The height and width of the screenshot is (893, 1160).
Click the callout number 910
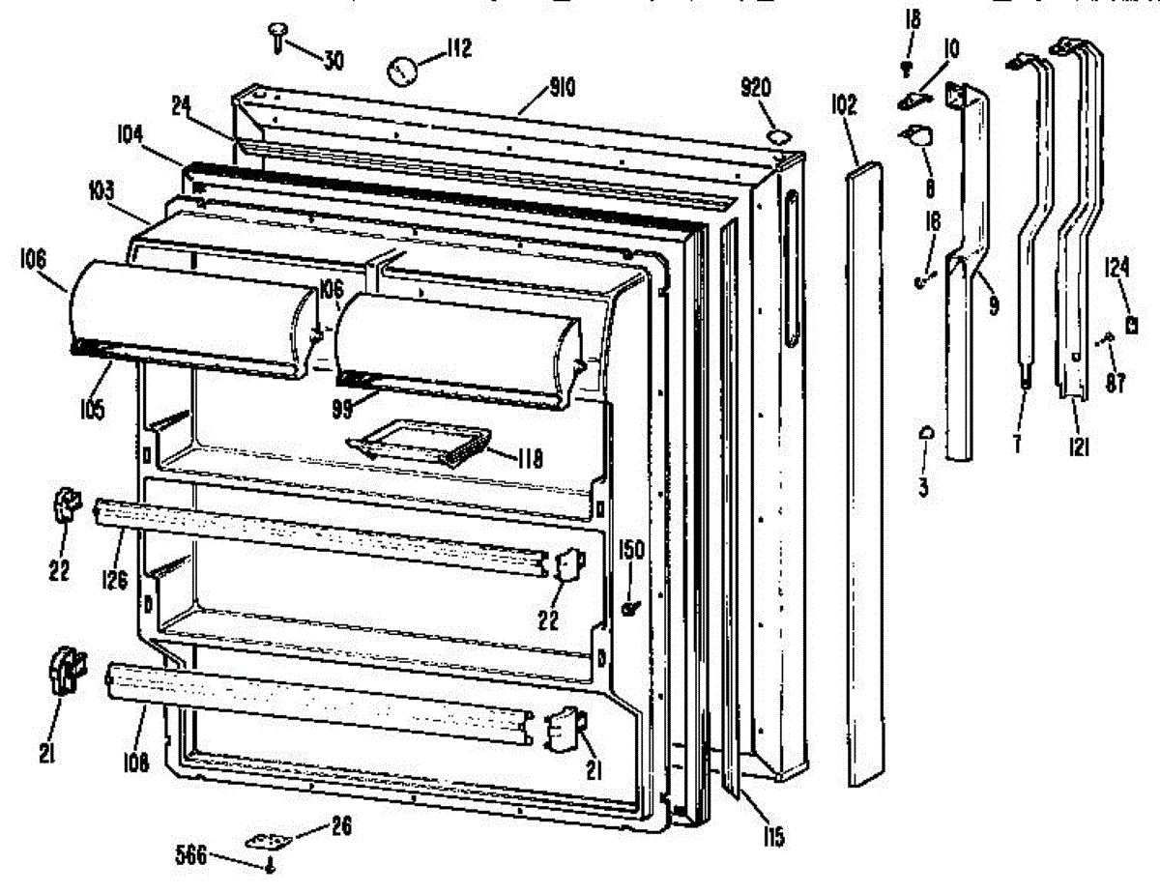tap(562, 90)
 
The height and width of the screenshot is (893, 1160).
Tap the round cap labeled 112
tap(402, 70)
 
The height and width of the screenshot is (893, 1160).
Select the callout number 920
tap(755, 89)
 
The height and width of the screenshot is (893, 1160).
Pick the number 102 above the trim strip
tap(843, 104)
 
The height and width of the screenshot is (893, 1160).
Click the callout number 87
tap(1116, 382)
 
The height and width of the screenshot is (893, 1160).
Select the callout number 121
tap(1079, 446)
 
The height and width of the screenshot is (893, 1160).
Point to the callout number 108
tap(135, 763)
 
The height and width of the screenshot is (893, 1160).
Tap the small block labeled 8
tap(917, 138)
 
